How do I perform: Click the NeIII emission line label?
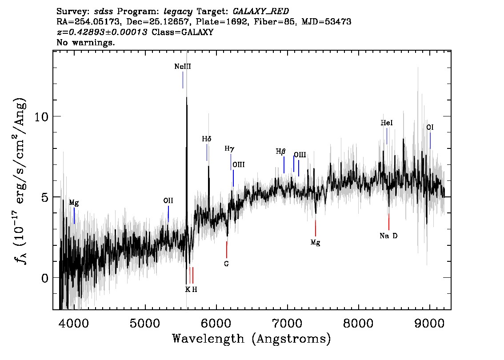coord(183,67)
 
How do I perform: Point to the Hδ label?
coord(207,139)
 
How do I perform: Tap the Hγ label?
coord(229,148)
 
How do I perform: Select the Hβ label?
coord(280,152)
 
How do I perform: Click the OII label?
coord(168,200)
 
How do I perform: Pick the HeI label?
coord(387,123)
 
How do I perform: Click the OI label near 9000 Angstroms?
coord(430,127)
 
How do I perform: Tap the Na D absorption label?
coord(388,236)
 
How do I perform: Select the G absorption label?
coord(227,264)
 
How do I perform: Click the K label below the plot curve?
coord(188,289)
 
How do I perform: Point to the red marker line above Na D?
coord(389,222)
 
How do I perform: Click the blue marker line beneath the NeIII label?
coord(183,80)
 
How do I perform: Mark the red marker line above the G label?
coord(227,250)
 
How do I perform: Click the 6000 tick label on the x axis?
coord(216,324)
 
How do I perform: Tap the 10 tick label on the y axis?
coord(41,117)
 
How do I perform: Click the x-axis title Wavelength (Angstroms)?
coord(252,339)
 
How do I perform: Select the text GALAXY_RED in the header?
coord(261,12)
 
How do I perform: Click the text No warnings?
coord(85,42)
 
